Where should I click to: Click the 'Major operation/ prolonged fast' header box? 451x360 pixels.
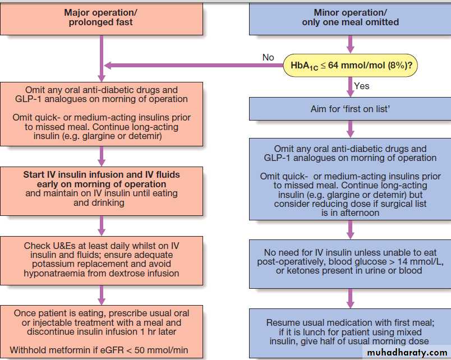[x=101, y=18]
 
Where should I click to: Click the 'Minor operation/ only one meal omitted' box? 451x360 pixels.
[x=350, y=18]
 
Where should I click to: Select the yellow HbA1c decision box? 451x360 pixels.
[x=351, y=66]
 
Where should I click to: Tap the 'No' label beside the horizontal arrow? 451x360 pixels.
[x=268, y=57]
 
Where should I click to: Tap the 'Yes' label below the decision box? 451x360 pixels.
[x=362, y=86]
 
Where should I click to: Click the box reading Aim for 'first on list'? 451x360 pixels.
[x=350, y=109]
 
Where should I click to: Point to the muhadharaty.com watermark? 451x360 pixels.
[x=408, y=352]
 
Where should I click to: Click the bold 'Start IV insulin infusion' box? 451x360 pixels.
[x=101, y=188]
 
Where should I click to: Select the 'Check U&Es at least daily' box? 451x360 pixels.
[x=101, y=260]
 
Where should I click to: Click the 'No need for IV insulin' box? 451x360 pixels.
[x=350, y=262]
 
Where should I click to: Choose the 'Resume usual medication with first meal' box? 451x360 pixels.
[x=350, y=331]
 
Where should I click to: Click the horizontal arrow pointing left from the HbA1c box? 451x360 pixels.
[x=191, y=66]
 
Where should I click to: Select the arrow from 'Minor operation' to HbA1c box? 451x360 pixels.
[x=351, y=44]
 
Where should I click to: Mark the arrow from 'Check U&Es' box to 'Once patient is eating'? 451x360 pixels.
[x=102, y=293]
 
